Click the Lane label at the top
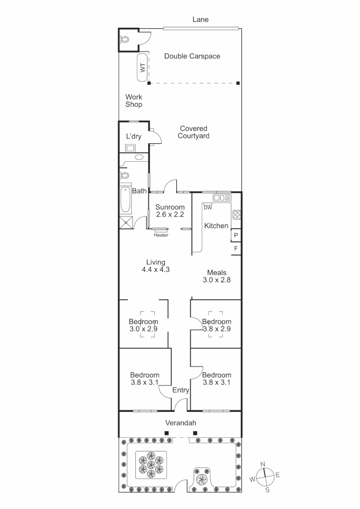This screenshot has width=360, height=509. (200, 20)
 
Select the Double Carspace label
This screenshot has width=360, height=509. (192, 56)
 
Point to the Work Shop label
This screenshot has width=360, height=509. (133, 101)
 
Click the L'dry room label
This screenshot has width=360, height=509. (133, 137)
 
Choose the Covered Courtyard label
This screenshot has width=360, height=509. (193, 132)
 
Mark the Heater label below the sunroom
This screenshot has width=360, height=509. (161, 235)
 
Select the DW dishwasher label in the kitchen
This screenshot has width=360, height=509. (207, 207)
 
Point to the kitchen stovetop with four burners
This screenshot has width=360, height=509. (237, 215)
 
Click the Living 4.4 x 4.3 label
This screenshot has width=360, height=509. (155, 266)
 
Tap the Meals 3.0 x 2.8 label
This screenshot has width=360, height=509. (217, 276)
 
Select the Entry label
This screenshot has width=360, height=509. (180, 390)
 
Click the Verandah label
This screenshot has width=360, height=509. (180, 423)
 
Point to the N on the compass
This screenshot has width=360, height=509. (263, 464)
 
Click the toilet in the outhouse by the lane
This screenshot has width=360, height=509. (125, 40)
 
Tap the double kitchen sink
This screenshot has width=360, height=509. (221, 197)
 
